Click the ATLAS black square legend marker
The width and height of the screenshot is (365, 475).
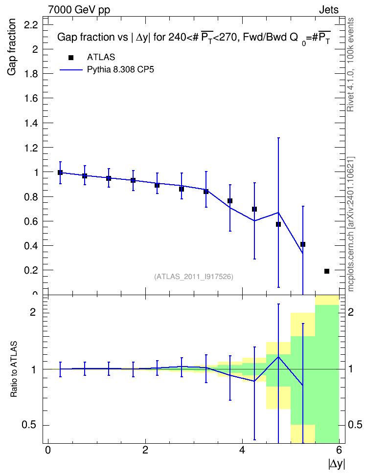tap(71, 58)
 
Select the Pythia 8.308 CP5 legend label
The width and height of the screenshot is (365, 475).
tap(120, 70)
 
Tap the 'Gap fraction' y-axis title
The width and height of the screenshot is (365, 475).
tap(12, 47)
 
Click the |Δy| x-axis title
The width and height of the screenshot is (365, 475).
tap(337, 464)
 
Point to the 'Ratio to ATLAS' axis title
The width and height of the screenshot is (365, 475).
tap(14, 369)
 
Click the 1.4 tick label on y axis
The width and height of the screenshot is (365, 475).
tap(31, 123)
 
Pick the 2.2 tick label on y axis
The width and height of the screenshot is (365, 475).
tap(31, 25)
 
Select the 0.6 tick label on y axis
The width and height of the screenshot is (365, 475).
tap(31, 221)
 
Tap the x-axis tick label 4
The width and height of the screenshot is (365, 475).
tap(242, 450)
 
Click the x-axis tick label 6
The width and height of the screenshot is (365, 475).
tap(339, 450)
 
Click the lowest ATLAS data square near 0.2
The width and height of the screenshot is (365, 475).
tap(327, 271)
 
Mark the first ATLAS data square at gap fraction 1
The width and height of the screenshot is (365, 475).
tap(60, 173)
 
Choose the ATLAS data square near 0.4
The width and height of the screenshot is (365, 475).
tap(302, 244)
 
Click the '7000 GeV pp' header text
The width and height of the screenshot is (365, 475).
tap(79, 10)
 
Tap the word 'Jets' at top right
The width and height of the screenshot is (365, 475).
tap(329, 10)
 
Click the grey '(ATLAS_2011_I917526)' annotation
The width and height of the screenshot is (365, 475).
tap(194, 277)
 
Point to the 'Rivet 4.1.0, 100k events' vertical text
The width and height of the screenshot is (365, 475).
tap(350, 65)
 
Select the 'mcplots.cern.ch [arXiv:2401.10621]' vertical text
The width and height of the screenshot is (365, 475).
tap(351, 224)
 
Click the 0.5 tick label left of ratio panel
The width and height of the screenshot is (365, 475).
tap(29, 425)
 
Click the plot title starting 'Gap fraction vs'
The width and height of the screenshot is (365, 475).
tap(194, 38)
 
